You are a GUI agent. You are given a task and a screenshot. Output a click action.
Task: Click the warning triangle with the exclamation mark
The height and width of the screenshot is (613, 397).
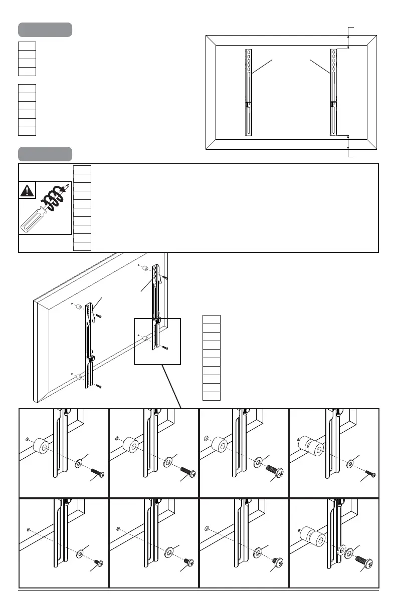pyautogui.click(x=27, y=190)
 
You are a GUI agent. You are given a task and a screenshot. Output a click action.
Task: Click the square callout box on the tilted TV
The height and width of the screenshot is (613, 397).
pyautogui.click(x=157, y=341)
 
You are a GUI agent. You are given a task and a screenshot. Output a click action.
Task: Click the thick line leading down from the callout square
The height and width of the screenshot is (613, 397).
pyautogui.click(x=170, y=386)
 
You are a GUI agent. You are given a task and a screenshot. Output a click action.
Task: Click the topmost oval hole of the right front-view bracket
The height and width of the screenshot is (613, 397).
pyautogui.click(x=333, y=52)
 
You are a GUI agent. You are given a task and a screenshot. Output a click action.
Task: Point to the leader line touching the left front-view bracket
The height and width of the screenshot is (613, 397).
pyautogui.click(x=263, y=67)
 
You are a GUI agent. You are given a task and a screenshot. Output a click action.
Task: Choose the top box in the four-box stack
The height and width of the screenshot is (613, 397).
pyautogui.click(x=27, y=46)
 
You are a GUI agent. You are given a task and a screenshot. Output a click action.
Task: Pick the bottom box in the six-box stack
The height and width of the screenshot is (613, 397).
pyautogui.click(x=27, y=131)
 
